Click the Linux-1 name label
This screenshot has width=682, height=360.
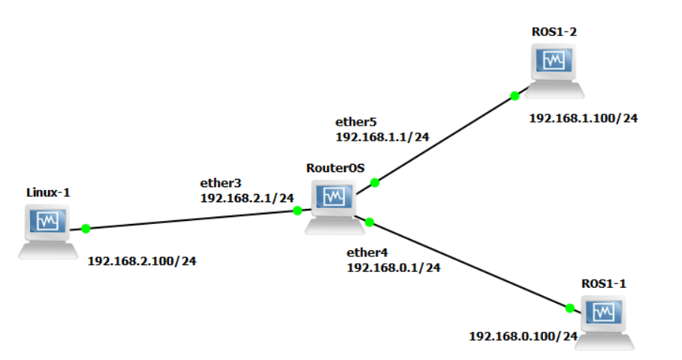click(48, 192)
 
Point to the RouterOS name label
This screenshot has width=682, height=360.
click(335, 168)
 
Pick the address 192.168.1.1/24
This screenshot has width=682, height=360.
click(382, 137)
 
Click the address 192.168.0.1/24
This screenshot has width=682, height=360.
click(394, 267)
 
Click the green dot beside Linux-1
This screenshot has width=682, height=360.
click(86, 228)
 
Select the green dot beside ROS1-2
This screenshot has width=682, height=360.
click(515, 95)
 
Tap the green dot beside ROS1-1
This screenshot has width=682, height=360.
click(569, 307)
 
